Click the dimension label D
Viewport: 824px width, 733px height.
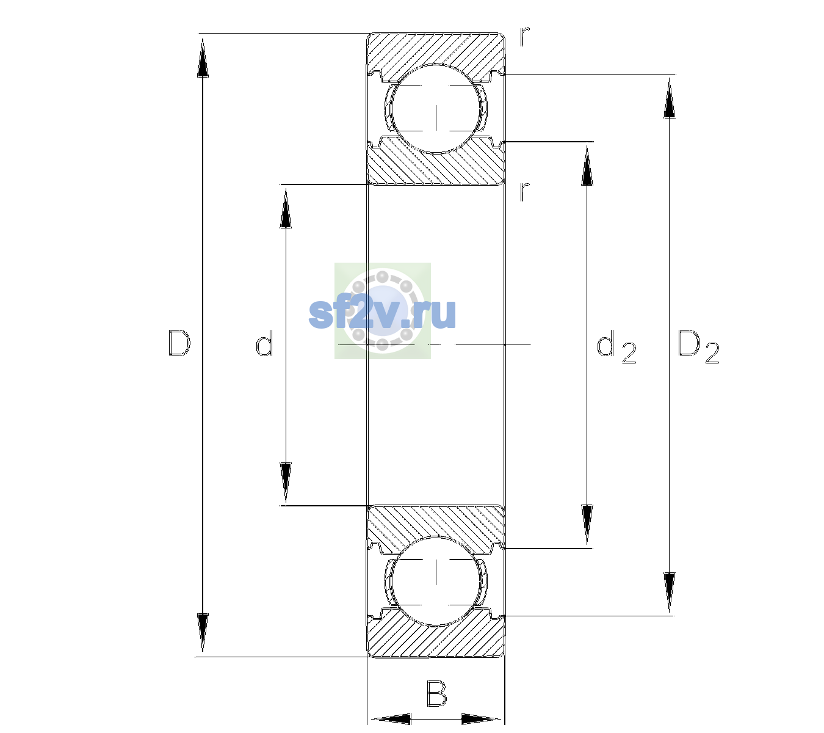click(179, 343)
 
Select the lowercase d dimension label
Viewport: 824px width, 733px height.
click(264, 343)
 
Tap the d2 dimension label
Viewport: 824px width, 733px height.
click(616, 346)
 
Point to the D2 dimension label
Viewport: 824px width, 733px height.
click(698, 346)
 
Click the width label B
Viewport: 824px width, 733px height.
click(436, 693)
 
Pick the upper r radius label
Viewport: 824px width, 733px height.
click(525, 37)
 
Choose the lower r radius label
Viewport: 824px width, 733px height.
click(525, 192)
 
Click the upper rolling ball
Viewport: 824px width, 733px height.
click(436, 109)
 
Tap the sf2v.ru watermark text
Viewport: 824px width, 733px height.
click(382, 313)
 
